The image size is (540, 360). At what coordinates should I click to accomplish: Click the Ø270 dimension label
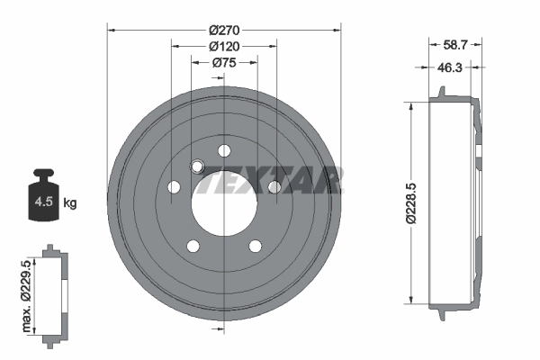(x=224, y=29)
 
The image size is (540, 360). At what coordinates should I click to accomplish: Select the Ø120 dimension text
(x=224, y=46)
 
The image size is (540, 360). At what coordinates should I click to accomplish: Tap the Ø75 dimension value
(x=224, y=63)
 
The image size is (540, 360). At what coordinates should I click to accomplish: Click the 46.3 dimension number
(x=450, y=67)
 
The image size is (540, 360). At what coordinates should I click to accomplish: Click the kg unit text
(x=70, y=203)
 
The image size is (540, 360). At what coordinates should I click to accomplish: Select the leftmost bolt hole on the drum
(x=174, y=187)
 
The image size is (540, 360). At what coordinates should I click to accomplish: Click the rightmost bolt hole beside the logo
(x=274, y=186)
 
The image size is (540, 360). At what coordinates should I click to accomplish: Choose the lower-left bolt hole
(x=193, y=246)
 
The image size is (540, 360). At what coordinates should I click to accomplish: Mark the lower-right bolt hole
(x=255, y=246)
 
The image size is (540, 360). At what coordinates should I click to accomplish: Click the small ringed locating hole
(x=198, y=165)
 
